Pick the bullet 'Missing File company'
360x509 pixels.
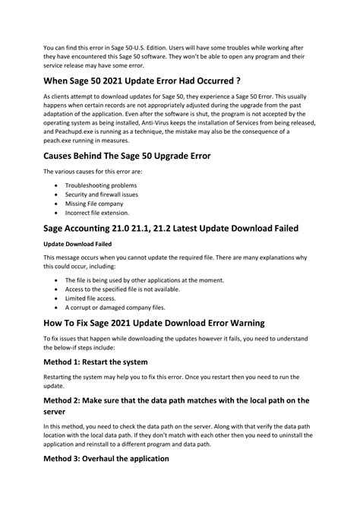(x=94, y=205)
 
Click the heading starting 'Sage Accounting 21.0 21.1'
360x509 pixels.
(x=171, y=229)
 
